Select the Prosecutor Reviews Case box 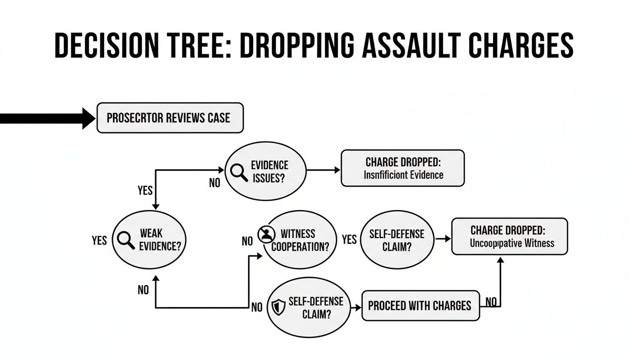[x=170, y=118]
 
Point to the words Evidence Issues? [x=270, y=172]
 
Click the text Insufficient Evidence [x=403, y=175]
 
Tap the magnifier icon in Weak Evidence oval [x=125, y=240]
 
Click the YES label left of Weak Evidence [x=99, y=241]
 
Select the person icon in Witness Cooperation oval [x=266, y=234]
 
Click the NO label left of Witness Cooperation [x=247, y=241]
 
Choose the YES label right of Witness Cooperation [x=349, y=240]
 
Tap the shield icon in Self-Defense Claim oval [x=278, y=308]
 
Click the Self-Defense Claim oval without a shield [x=396, y=240]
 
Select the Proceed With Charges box [x=420, y=306]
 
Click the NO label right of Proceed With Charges [x=491, y=302]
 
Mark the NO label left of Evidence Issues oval [x=214, y=183]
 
